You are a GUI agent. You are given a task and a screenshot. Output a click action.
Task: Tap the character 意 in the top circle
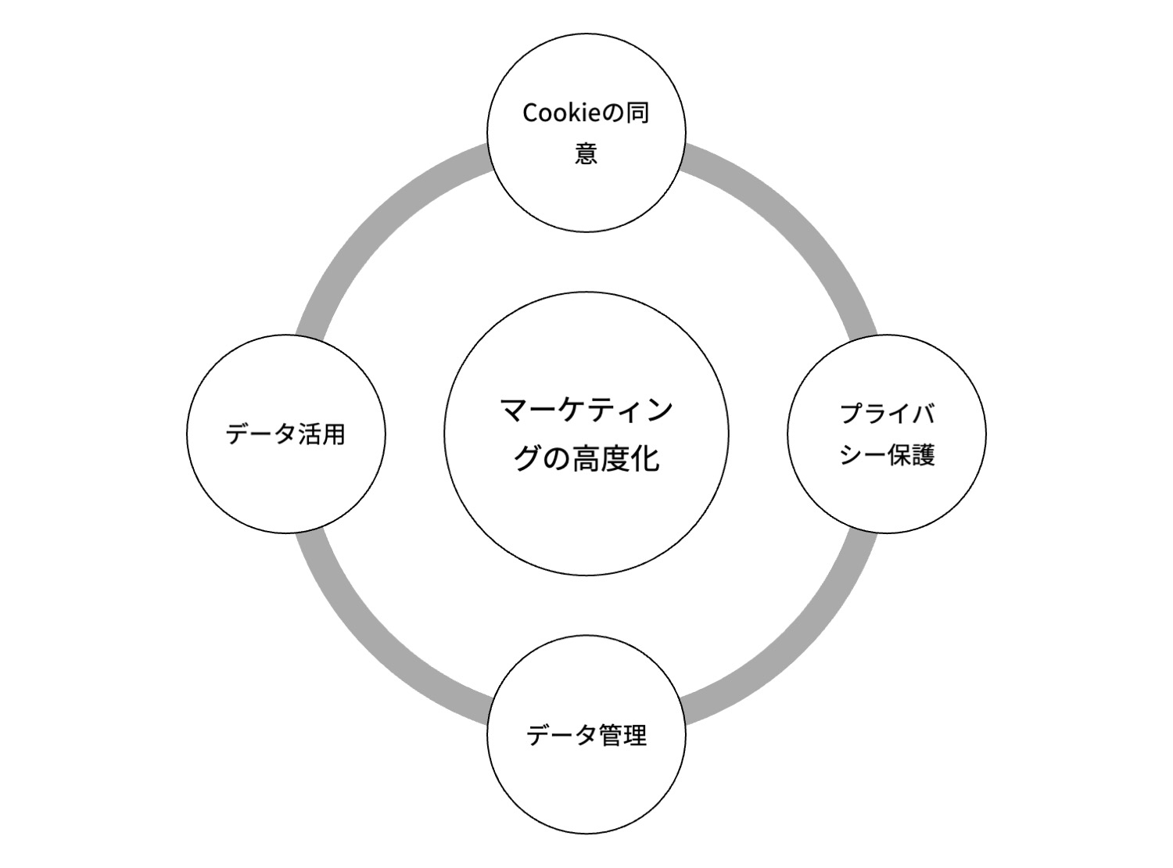tap(586, 153)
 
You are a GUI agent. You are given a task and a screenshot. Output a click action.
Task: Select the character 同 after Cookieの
tap(637, 113)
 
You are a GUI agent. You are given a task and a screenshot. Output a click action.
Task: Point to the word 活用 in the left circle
tap(321, 434)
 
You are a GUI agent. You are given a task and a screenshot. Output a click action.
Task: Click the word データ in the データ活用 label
tap(260, 434)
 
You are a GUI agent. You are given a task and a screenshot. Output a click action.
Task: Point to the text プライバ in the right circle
tap(888, 414)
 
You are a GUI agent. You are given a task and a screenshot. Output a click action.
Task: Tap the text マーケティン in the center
tap(586, 411)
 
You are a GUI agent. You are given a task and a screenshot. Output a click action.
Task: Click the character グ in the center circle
tap(528, 458)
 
